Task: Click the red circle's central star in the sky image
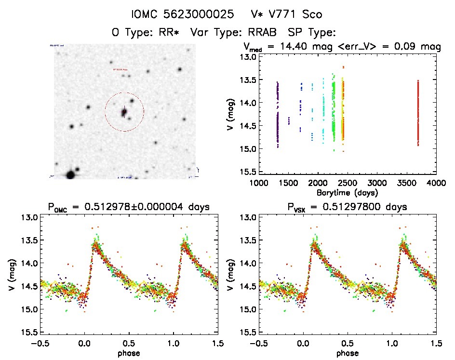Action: pyautogui.click(x=124, y=112)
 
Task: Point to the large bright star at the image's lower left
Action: pyautogui.click(x=70, y=174)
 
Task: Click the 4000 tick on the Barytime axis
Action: pyautogui.click(x=436, y=183)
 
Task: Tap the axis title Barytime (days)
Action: pyautogui.click(x=347, y=192)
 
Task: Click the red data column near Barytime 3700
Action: pyautogui.click(x=418, y=113)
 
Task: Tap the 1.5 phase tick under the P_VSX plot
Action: pyautogui.click(x=437, y=343)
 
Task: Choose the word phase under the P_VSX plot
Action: pyautogui.click(x=348, y=353)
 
